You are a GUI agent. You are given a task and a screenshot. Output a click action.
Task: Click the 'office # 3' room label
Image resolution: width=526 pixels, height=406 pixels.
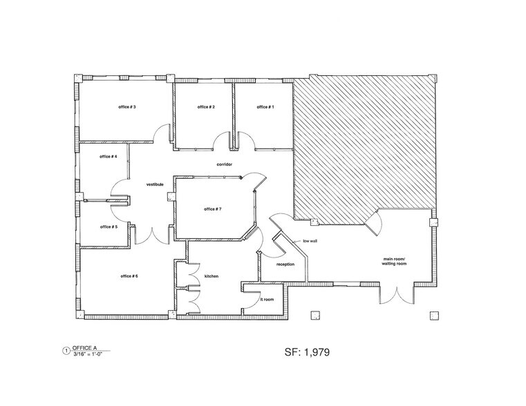(125, 107)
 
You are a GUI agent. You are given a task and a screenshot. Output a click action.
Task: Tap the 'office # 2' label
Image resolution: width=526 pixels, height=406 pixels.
(206, 107)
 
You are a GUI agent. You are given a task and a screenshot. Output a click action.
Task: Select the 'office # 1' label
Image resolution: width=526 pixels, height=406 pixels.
(265, 107)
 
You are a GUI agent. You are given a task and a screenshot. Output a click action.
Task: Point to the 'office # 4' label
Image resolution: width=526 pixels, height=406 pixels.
(109, 157)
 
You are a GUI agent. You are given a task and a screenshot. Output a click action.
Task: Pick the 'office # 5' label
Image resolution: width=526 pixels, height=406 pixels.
(109, 226)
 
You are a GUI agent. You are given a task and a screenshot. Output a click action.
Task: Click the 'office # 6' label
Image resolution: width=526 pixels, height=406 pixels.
(129, 276)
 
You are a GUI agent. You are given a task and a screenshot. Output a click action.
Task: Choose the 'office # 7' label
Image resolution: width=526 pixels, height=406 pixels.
(212, 209)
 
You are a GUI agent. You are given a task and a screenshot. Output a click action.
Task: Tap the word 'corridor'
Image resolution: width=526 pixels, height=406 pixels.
(224, 164)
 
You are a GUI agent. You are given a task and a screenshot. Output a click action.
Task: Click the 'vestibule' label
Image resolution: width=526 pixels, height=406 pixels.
(154, 184)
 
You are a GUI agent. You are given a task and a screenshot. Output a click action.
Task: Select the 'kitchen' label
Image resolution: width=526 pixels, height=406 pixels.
(211, 276)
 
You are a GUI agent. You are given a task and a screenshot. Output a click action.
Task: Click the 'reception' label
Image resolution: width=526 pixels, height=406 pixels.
(285, 264)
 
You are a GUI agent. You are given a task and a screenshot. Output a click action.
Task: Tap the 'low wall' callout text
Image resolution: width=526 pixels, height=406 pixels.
(310, 242)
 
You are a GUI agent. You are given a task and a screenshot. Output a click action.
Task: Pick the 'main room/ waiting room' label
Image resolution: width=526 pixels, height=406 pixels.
(397, 262)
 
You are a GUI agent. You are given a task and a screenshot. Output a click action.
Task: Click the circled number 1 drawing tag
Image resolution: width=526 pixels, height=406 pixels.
(66, 351)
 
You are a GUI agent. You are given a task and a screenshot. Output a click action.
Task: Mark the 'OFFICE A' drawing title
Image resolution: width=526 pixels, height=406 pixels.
(86, 348)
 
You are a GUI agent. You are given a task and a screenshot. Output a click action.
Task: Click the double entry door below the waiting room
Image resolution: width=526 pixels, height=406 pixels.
(397, 293)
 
